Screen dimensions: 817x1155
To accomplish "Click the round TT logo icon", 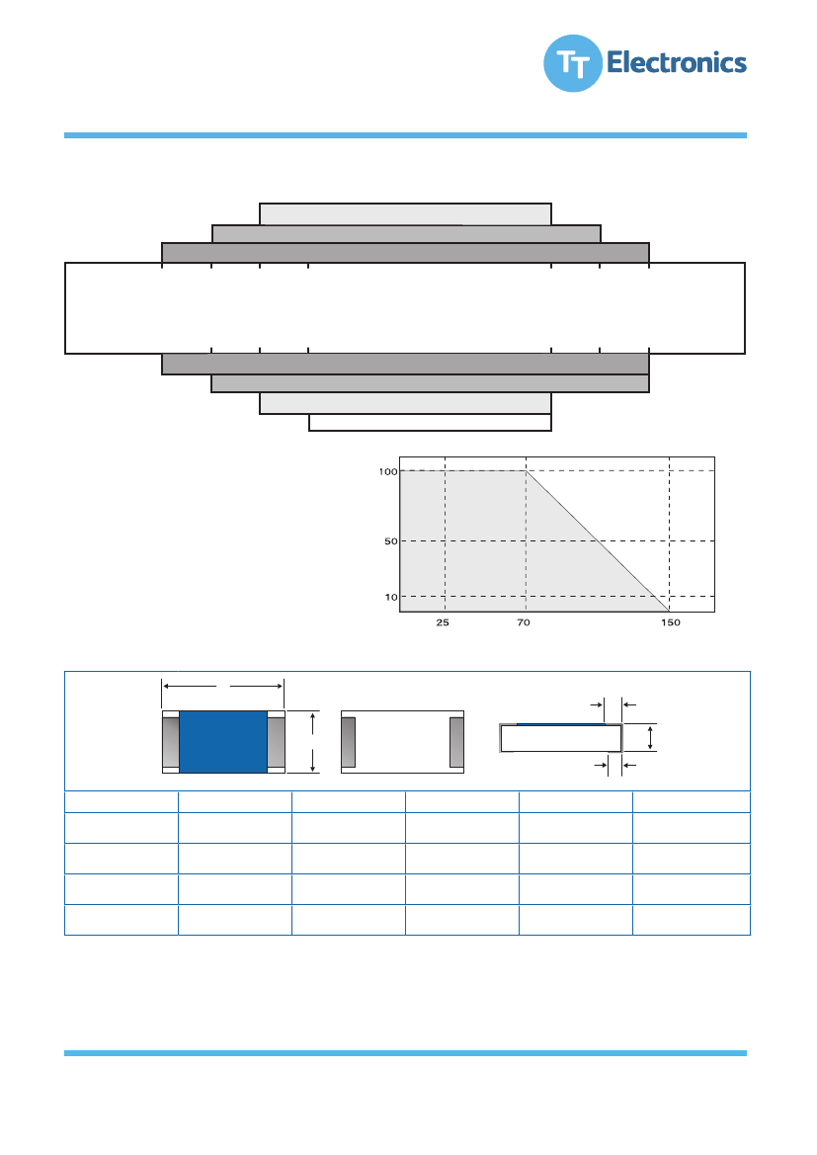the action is pos(572,63).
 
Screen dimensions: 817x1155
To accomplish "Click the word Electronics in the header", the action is pos(677,62).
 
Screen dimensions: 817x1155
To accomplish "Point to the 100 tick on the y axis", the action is pos(387,471).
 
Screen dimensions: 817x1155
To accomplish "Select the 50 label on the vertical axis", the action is pos(390,541).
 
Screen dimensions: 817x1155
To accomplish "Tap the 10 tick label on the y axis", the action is pos(391,597).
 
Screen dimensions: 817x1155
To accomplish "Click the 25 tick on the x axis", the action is pos(442,622).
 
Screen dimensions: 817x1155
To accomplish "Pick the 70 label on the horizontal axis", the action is pos(523,622).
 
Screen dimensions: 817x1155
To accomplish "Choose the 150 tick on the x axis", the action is pos(671,622).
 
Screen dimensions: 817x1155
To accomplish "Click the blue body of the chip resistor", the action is pos(222,742).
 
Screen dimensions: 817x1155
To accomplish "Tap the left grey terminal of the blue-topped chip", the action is pos(171,742).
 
